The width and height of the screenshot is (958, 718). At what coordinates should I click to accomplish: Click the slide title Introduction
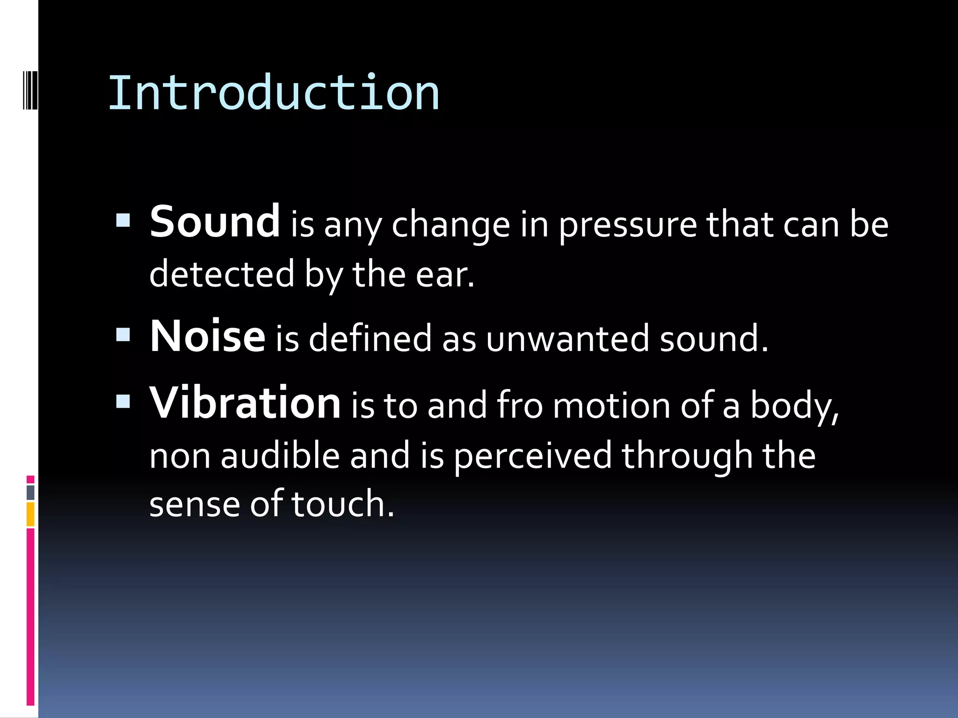click(x=274, y=93)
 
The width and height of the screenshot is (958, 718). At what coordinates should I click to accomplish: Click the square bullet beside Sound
click(x=123, y=220)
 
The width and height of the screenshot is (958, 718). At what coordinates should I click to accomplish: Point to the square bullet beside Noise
click(x=123, y=334)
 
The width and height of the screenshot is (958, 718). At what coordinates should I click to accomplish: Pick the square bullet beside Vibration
click(x=123, y=401)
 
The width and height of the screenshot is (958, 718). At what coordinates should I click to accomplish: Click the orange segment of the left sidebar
click(x=30, y=514)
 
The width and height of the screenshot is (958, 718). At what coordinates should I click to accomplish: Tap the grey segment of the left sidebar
click(x=30, y=493)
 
